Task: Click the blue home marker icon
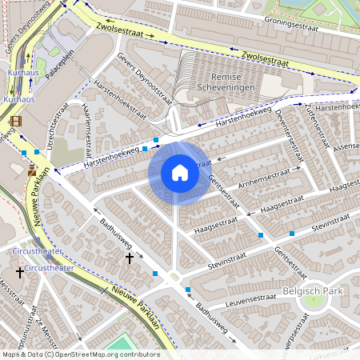180,173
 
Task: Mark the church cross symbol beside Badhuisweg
130,258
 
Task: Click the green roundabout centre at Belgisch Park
313,302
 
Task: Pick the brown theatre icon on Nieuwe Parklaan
32,170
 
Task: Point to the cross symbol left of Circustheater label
20,273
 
